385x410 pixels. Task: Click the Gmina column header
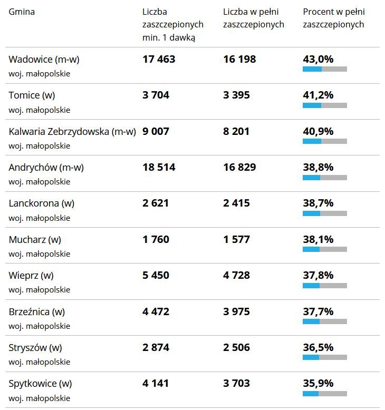pos(22,12)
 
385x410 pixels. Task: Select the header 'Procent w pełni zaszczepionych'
pos(333,18)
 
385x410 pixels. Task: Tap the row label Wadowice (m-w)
pos(44,60)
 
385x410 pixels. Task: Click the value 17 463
pos(159,60)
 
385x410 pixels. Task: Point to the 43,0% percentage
pos(318,60)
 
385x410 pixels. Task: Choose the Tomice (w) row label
pos(32,95)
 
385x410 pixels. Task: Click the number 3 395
pos(236,95)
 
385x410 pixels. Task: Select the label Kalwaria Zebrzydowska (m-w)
pos(72,131)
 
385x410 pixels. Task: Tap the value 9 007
pos(156,131)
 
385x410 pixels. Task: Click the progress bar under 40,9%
pos(325,141)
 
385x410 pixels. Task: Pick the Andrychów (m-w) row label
pos(46,168)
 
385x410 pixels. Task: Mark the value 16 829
pos(239,168)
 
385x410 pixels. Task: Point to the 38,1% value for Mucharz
pos(318,239)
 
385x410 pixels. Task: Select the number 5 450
pos(156,275)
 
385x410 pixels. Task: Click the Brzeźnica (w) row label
pos(36,311)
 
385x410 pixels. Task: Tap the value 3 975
pos(236,311)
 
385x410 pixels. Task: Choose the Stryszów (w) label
pos(35,347)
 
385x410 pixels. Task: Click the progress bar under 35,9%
pos(325,394)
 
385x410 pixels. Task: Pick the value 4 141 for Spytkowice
pos(156,383)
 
